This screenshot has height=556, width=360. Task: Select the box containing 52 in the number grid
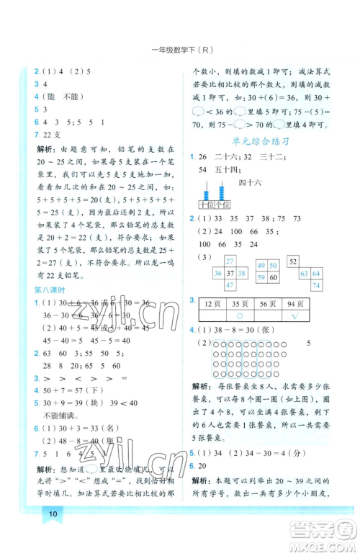(x=294, y=261)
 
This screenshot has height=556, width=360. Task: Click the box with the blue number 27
(x=230, y=261)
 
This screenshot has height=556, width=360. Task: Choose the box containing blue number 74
(x=315, y=285)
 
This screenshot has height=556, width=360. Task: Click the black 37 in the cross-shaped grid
(x=230, y=274)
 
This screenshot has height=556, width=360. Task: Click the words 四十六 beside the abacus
(x=251, y=182)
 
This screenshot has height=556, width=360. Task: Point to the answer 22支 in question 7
(x=52, y=135)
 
